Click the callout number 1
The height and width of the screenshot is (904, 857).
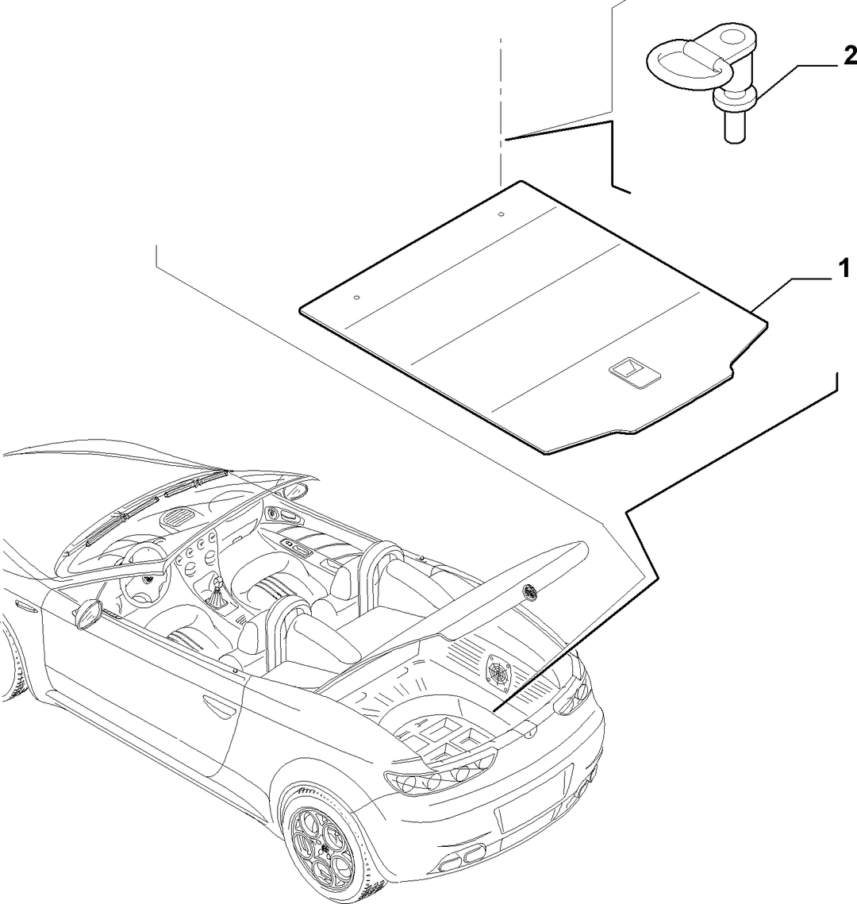(843, 269)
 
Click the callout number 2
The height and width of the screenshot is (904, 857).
(849, 57)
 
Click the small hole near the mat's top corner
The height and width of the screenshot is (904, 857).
(501, 213)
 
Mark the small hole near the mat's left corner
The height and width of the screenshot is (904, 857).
(356, 298)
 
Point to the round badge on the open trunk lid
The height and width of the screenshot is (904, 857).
(528, 590)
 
